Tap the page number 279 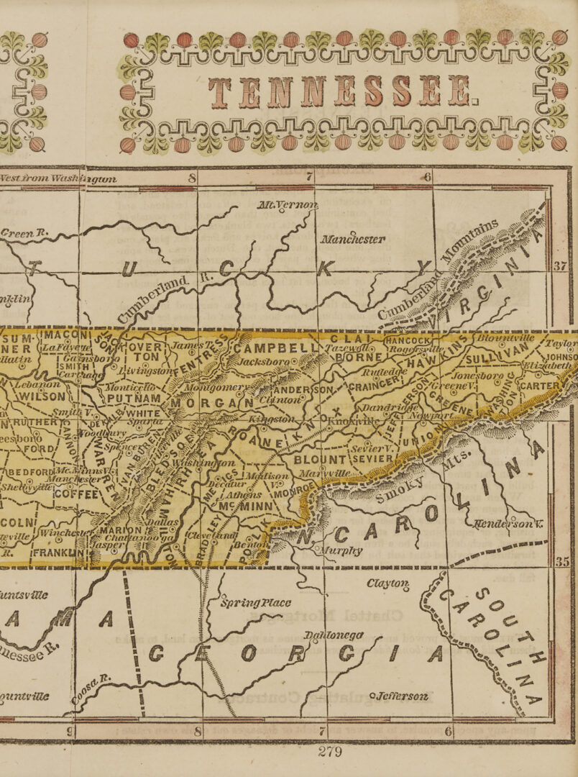pyautogui.click(x=330, y=752)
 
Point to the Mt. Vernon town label pyautogui.click(x=287, y=205)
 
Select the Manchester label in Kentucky pyautogui.click(x=352, y=239)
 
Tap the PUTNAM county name pyautogui.click(x=134, y=398)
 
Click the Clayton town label pyautogui.click(x=387, y=583)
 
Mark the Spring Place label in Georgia pyautogui.click(x=256, y=602)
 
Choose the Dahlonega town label pyautogui.click(x=334, y=635)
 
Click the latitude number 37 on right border pyautogui.click(x=560, y=266)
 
